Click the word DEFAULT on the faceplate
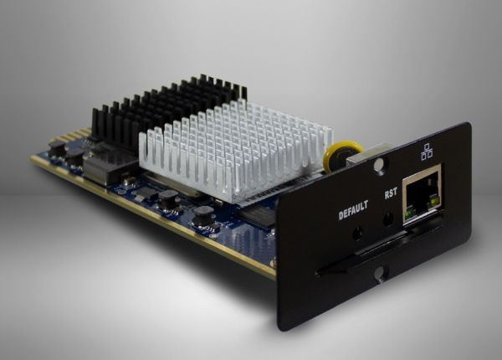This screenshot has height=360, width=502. (353, 210)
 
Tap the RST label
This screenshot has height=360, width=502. (391, 193)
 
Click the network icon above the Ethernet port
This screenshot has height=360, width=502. (427, 152)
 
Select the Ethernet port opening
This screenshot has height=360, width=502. (423, 194)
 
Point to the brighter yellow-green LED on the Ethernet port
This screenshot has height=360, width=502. (434, 201)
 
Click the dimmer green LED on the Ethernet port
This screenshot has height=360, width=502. (408, 214)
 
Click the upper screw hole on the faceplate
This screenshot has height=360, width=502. (379, 166)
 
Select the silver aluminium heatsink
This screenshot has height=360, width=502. (236, 150)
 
